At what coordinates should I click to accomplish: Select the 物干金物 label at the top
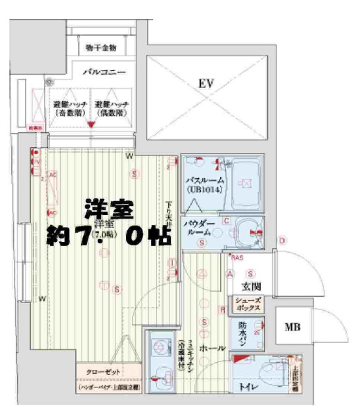(x=101, y=48)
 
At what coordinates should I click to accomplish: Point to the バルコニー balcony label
(x=103, y=72)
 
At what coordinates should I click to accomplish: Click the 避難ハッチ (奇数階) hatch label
(x=70, y=108)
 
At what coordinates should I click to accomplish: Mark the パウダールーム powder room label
(x=200, y=226)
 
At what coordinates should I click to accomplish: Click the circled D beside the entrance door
(x=281, y=241)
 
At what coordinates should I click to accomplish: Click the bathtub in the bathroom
(x=246, y=181)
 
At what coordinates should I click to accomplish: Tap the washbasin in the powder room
(x=247, y=228)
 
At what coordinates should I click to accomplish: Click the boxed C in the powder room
(x=226, y=221)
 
